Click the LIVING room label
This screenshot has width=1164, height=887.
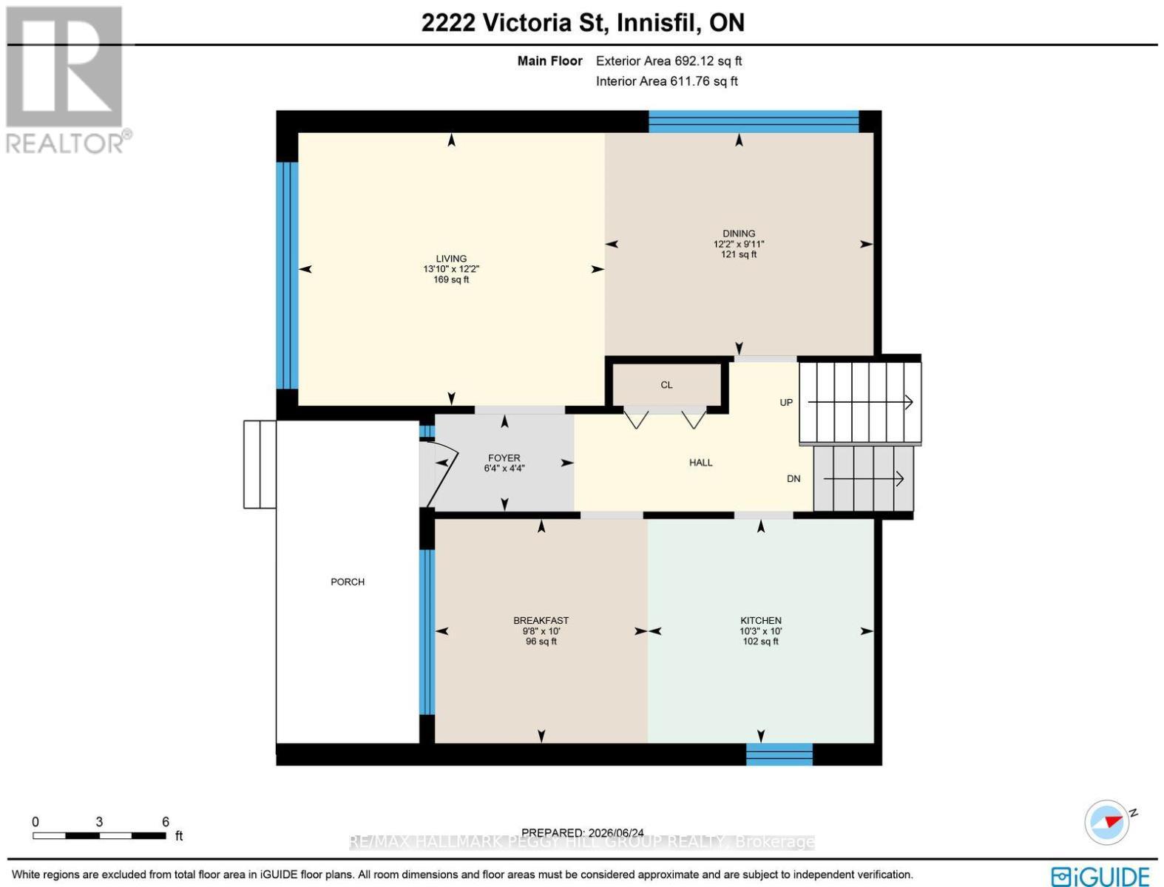pyautogui.click(x=451, y=259)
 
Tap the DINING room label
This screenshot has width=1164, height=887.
pyautogui.click(x=738, y=234)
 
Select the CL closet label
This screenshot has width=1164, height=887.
pyautogui.click(x=666, y=385)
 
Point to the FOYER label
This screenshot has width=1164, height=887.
pyautogui.click(x=504, y=458)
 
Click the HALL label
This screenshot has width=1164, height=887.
pyautogui.click(x=700, y=463)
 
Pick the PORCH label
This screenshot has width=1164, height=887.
pyautogui.click(x=348, y=582)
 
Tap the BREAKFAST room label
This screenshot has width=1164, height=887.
pyautogui.click(x=541, y=620)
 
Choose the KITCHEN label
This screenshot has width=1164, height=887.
pyautogui.click(x=760, y=620)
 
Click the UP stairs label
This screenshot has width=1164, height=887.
pyautogui.click(x=786, y=403)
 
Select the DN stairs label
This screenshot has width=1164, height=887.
pyautogui.click(x=794, y=479)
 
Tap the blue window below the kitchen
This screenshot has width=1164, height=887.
pyautogui.click(x=779, y=754)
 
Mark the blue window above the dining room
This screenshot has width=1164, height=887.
pyautogui.click(x=754, y=121)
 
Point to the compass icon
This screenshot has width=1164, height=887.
pyautogui.click(x=1106, y=823)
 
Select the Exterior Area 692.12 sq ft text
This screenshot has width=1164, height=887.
pyautogui.click(x=669, y=61)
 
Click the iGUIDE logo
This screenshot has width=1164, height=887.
pyautogui.click(x=1100, y=877)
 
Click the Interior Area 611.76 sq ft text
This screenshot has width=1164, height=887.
pyautogui.click(x=666, y=81)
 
